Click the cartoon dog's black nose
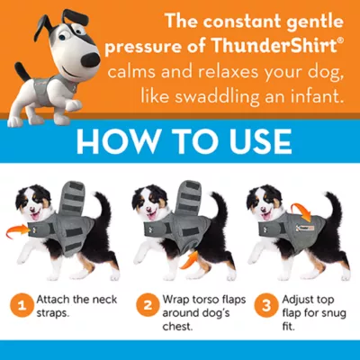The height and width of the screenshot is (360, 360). [x=90, y=56]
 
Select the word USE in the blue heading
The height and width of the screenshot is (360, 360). [x=257, y=141]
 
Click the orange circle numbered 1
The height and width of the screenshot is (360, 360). [x=22, y=306]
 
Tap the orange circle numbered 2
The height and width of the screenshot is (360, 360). [x=148, y=306]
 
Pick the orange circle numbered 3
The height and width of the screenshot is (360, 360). [x=265, y=306]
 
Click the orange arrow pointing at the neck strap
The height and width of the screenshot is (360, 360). [x=17, y=232]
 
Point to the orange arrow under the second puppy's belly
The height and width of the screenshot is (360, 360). [x=190, y=261]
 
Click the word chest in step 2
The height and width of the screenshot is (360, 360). [x=176, y=327]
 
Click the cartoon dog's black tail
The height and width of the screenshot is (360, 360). [x=22, y=71]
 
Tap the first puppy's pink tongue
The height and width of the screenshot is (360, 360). [x=35, y=215]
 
